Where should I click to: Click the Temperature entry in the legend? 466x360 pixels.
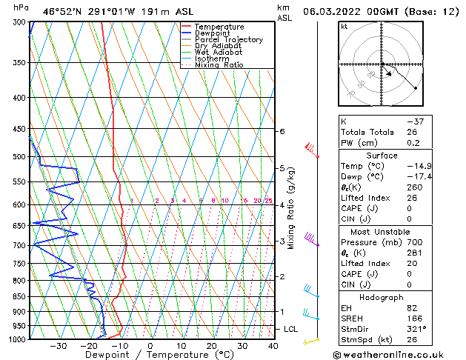point(220,27)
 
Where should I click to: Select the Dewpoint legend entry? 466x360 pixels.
point(214,33)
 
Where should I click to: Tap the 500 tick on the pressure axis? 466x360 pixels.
point(19,157)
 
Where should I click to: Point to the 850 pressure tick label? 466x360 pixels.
point(19,296)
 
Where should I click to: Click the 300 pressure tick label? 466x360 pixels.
point(19,22)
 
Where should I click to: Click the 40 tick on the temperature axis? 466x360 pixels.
point(273,346)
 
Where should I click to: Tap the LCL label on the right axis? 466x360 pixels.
point(290,329)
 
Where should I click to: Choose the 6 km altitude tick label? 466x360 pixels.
point(282,132)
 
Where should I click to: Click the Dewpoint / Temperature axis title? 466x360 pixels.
point(150,355)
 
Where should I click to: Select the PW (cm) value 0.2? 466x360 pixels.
point(412,143)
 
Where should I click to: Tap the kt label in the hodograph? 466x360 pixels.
point(344,26)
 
